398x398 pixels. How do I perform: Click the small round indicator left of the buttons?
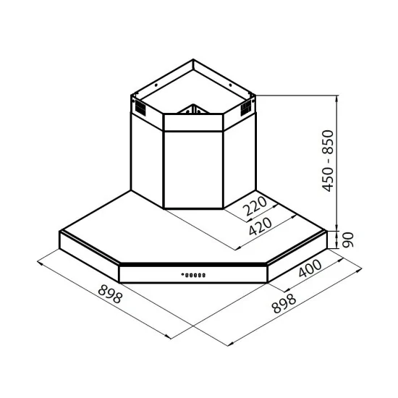point(181,275)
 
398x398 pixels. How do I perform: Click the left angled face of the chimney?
point(147,152)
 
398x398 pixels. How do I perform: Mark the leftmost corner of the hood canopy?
point(58,240)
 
